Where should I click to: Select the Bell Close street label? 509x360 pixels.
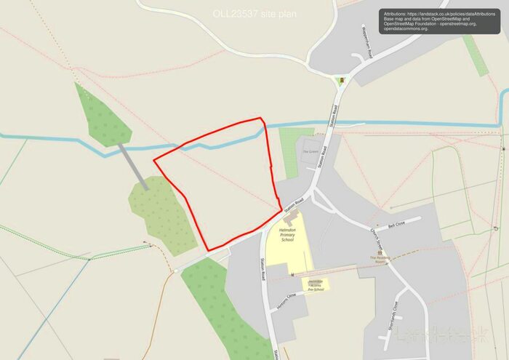click(x=396, y=227)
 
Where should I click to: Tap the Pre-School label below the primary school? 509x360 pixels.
click(x=315, y=284)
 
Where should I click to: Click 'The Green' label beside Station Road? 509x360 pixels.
click(x=310, y=151)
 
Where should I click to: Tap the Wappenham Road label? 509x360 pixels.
click(x=366, y=50)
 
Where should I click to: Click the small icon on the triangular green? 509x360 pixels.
click(x=340, y=80)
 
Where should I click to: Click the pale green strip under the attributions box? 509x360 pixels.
click(x=476, y=55)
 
